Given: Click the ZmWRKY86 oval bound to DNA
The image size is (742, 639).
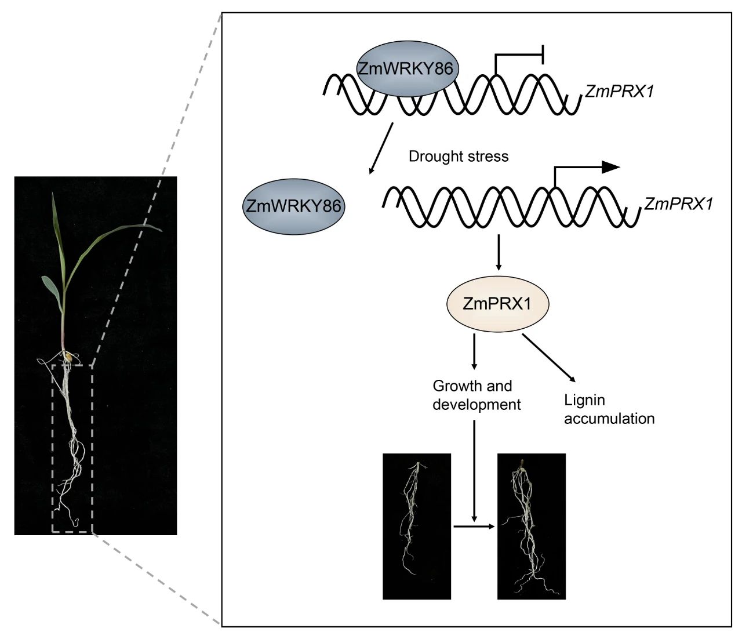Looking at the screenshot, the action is point(408,68).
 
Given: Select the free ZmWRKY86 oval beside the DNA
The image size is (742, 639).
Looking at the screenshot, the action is point(294,206).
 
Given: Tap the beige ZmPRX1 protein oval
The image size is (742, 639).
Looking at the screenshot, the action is point(497,304).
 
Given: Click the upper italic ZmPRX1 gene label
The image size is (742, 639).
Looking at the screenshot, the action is point(619,92).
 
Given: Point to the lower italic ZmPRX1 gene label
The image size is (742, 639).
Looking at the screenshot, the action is point(678,204).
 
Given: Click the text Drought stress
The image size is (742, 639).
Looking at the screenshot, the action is point(459,157).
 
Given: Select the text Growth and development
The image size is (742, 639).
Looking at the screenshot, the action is point(477,395).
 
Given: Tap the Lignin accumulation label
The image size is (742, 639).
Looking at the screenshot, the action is point(609,409).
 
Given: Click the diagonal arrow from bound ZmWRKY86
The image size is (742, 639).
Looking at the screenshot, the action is point(381,148).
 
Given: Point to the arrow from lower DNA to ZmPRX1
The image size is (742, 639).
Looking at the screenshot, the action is point(499,252).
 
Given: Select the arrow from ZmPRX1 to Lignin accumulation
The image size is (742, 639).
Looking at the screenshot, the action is point(548,358).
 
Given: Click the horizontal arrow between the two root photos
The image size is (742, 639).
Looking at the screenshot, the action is point(474,527).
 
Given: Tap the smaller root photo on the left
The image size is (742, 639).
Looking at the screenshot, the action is point(416,527).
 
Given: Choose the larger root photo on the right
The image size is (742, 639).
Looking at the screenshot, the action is point(531,527).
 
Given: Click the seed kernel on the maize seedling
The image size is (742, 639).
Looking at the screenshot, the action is point(68,357).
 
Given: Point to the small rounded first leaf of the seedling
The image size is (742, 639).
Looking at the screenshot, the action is point(52,289).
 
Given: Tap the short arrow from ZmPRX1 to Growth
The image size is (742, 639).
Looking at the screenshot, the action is point(474,351).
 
